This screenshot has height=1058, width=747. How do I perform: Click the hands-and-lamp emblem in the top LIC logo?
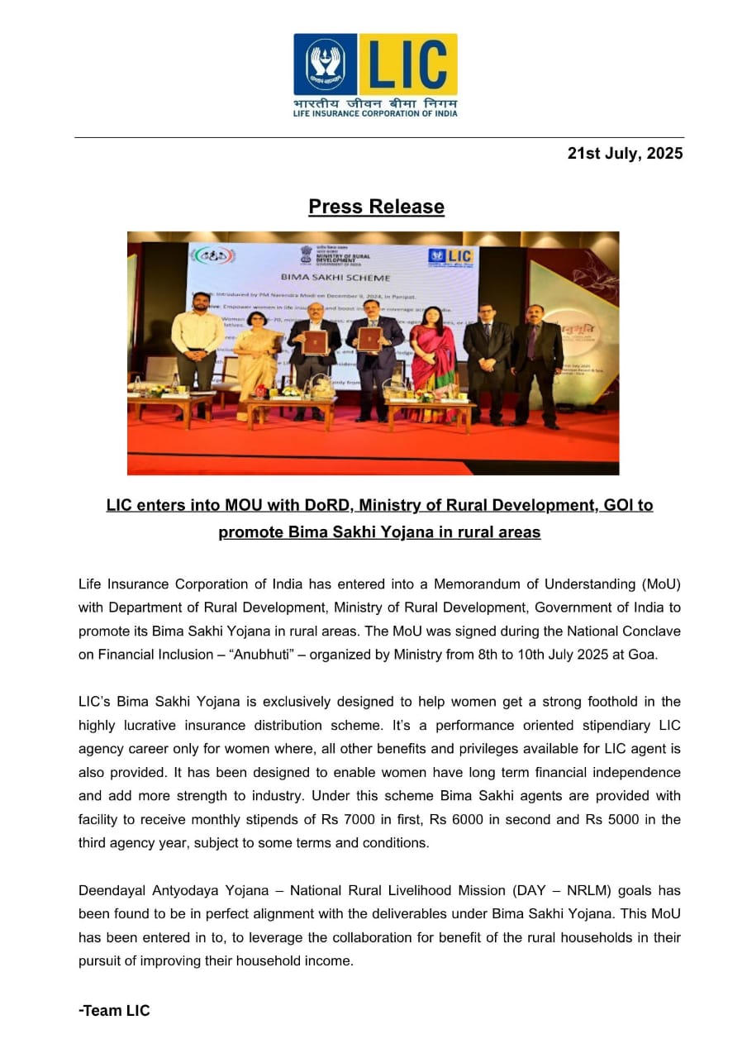326,64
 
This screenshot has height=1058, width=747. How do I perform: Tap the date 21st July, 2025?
625,154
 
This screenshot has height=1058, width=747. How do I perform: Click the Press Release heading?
376,207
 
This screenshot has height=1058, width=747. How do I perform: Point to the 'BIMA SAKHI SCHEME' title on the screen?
336,277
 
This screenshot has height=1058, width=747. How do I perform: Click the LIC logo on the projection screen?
450,257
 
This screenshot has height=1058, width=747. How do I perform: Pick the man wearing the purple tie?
537,364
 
